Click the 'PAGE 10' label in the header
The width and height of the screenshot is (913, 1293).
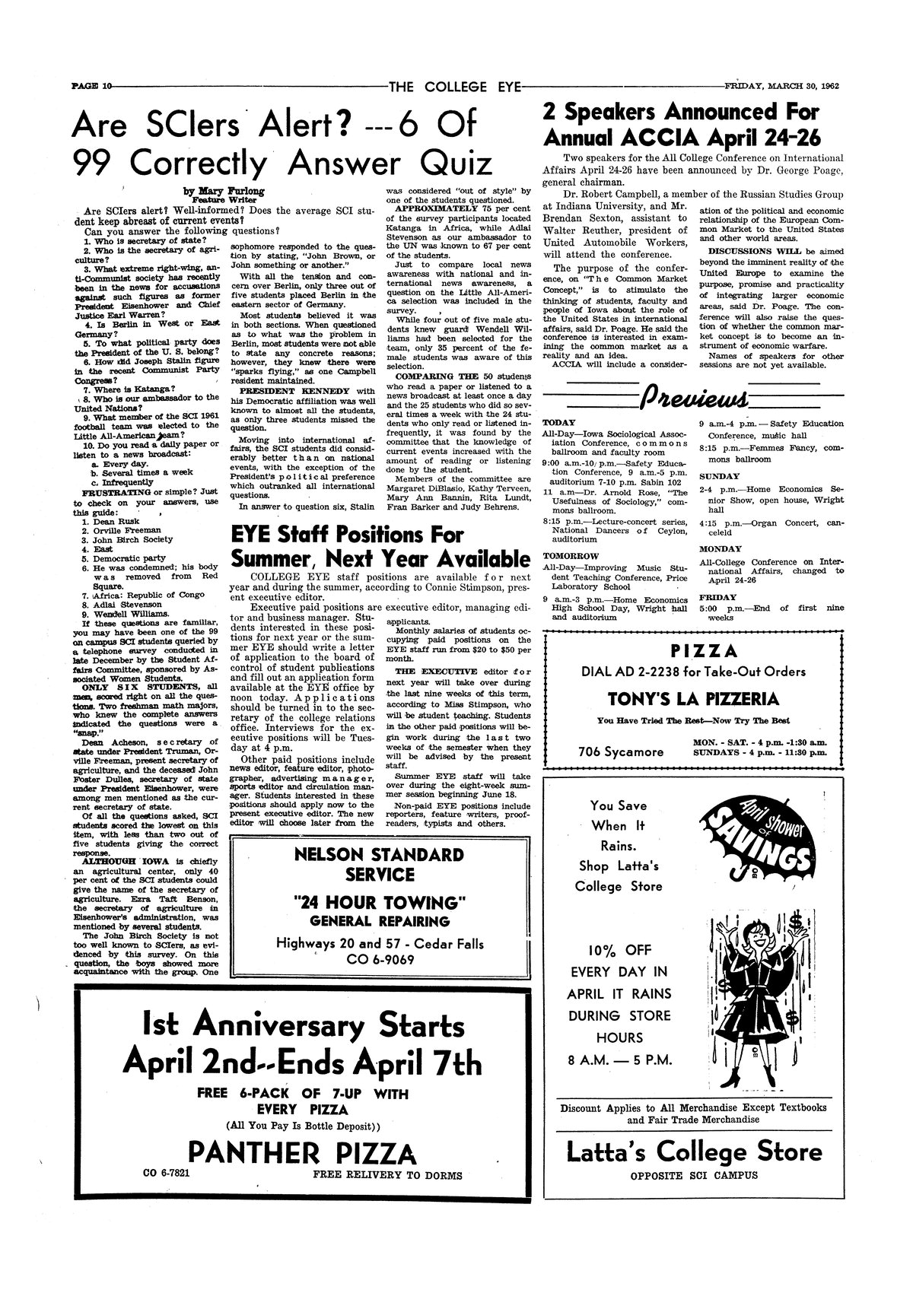(91, 85)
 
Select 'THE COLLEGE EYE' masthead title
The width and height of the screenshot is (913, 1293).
(454, 85)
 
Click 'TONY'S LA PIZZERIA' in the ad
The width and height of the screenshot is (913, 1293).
(692, 699)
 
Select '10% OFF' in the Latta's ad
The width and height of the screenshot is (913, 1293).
(619, 949)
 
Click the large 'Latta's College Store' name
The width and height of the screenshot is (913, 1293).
(694, 1152)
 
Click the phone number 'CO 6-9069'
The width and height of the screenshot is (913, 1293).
(380, 959)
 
